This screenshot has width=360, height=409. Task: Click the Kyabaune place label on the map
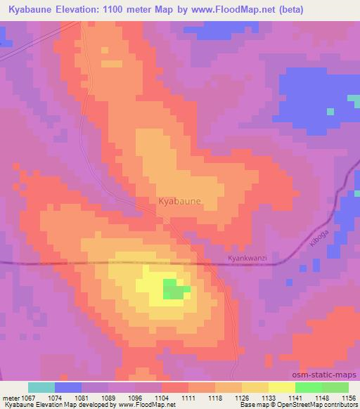point(180,201)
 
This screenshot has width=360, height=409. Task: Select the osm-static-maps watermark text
point(325,375)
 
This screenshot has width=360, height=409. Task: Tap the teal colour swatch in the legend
point(41,387)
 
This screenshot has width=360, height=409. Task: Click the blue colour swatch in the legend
point(68,387)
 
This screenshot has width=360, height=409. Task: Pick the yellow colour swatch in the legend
point(282,387)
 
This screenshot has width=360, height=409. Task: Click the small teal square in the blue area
point(330,110)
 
